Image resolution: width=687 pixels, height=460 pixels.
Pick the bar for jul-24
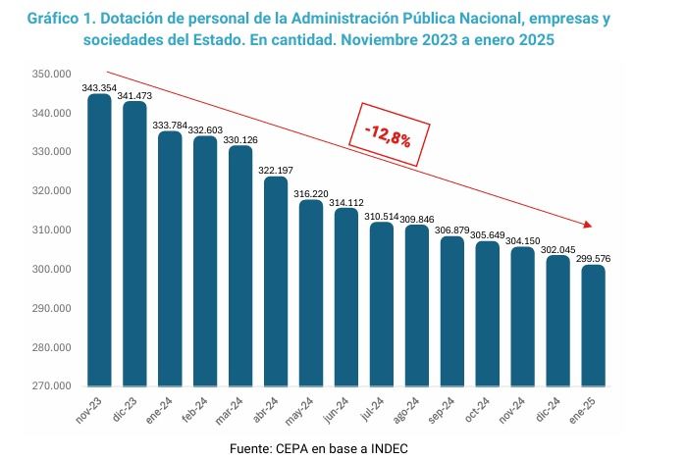[x=381, y=304]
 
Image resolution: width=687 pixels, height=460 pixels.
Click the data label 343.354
[x=99, y=87]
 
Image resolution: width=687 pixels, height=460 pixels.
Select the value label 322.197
[x=276, y=171]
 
